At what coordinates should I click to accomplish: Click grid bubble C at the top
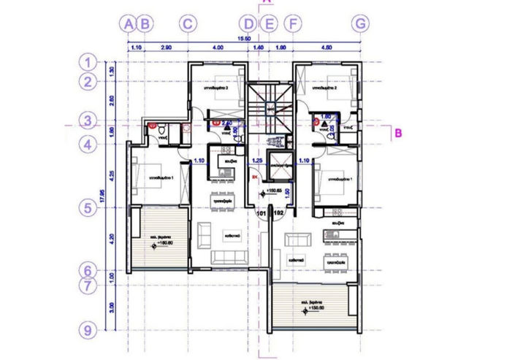pyautogui.click(x=188, y=24)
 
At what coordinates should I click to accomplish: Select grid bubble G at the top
pyautogui.click(x=360, y=24)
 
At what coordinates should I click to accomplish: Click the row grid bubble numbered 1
pyautogui.click(x=88, y=62)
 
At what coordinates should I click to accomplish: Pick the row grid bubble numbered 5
pyautogui.click(x=88, y=208)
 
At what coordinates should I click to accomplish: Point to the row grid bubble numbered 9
pyautogui.click(x=88, y=331)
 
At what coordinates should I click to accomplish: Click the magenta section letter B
pyautogui.click(x=398, y=133)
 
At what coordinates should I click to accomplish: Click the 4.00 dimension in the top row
pyautogui.click(x=217, y=47)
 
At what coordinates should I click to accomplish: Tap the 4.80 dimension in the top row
pyautogui.click(x=327, y=47)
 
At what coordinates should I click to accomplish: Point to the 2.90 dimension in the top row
pyautogui.click(x=165, y=47)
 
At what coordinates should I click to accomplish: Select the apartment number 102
pyautogui.click(x=278, y=213)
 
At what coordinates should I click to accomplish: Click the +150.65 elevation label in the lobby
pyautogui.click(x=273, y=192)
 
